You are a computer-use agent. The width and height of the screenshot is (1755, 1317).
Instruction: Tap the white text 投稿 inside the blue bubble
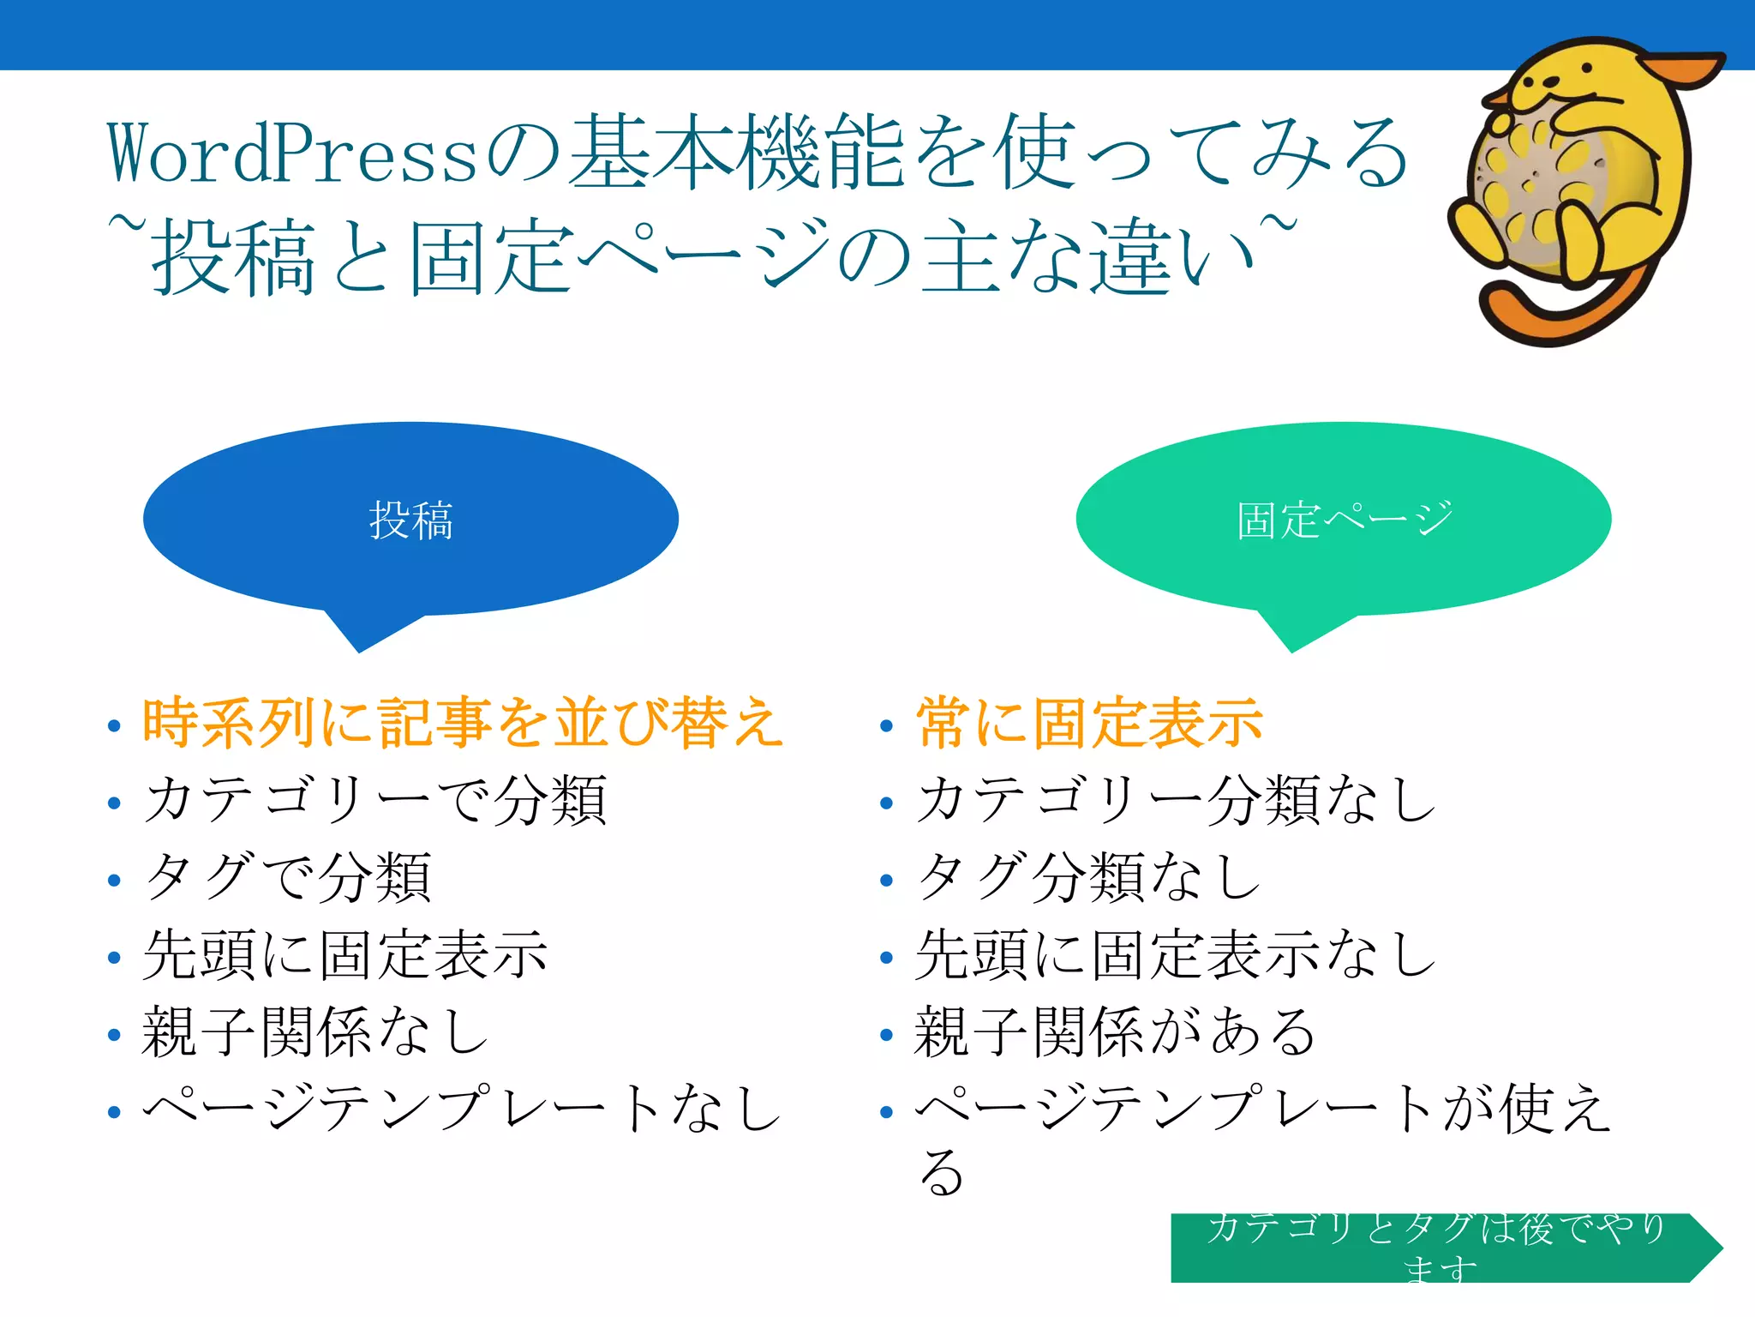410,520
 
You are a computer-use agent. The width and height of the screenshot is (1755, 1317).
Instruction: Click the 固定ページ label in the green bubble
1344,520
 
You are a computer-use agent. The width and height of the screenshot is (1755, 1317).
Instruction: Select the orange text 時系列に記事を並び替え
463,723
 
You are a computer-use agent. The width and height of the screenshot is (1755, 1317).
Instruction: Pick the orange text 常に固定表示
1089,723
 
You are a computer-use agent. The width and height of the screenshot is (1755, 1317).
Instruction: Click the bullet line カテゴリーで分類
375,800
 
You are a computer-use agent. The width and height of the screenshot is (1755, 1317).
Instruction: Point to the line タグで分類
288,877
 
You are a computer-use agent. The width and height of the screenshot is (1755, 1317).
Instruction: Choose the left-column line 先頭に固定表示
344,954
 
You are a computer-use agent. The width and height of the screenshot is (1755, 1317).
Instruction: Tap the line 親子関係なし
315,1031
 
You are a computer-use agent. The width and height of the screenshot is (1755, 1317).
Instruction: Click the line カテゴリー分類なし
1176,800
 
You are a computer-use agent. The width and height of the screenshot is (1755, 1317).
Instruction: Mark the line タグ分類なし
1088,877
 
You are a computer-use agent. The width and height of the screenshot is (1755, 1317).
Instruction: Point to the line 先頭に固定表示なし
1176,954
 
